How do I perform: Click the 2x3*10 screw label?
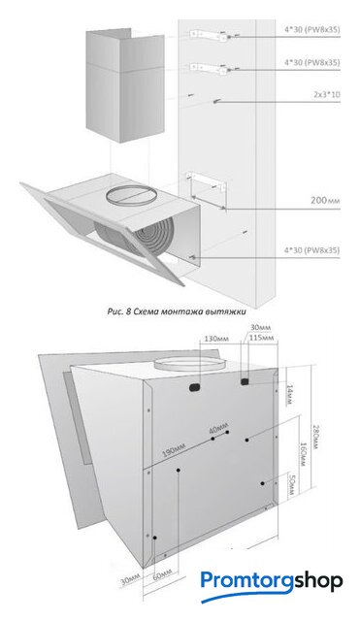pos(327,95)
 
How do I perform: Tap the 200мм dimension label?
pos(325,201)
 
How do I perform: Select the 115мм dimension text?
pos(262,339)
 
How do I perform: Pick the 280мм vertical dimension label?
pos(315,437)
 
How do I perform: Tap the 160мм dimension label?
pos(303,454)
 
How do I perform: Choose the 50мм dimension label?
pos(291,485)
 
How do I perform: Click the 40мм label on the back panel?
pos(218,430)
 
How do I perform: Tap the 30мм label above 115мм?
pos(261,328)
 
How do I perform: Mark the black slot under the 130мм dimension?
pos(194,388)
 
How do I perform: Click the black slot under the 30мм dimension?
pos(245,381)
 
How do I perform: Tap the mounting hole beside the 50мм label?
pos(262,483)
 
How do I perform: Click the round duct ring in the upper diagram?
pos(131,196)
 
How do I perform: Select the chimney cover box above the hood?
pos(125,88)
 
